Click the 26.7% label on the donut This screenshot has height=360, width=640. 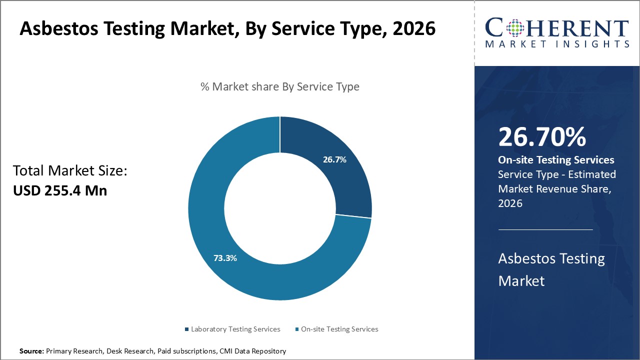(x=334, y=159)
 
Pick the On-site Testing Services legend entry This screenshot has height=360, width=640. (x=339, y=329)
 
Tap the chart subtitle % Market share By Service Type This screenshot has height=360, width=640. (x=280, y=86)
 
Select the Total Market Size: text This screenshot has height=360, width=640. (x=70, y=171)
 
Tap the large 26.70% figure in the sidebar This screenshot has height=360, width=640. (x=542, y=137)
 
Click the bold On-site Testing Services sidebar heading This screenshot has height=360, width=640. (x=556, y=160)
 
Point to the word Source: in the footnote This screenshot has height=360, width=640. (x=31, y=351)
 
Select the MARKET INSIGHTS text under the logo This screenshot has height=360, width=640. (x=556, y=44)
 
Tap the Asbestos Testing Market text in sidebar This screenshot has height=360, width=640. (x=551, y=269)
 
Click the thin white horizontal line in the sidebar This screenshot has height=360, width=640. (x=545, y=230)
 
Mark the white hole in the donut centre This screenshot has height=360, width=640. (x=280, y=208)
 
